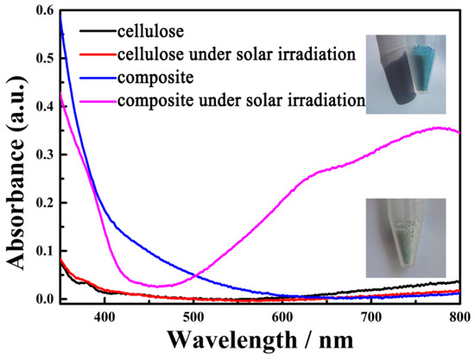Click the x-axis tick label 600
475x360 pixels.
[282, 317]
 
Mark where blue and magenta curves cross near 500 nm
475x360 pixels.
[198, 275]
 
